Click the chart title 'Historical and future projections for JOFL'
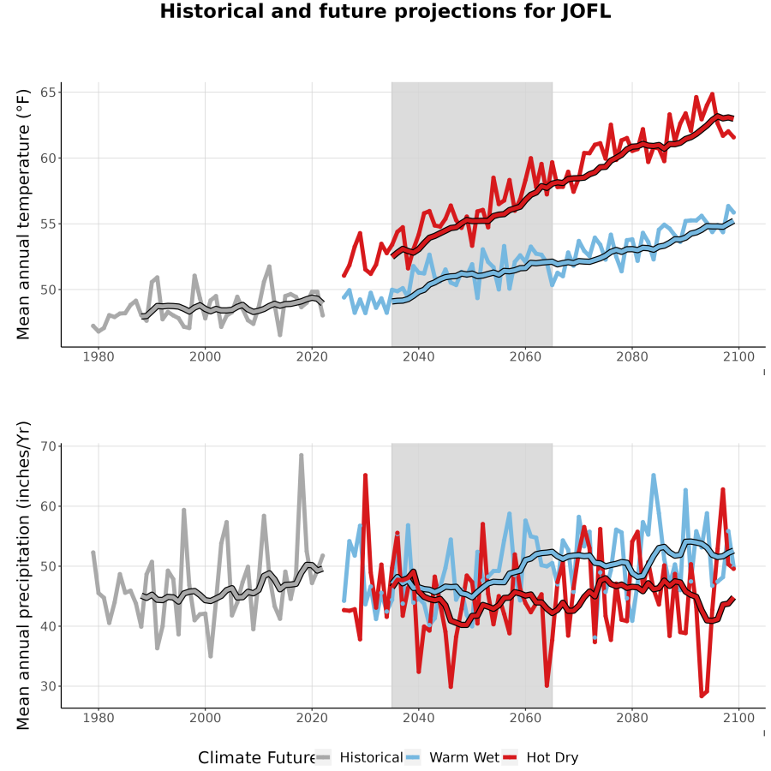385,11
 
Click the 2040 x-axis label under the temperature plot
418,357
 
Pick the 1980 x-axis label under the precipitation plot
99,718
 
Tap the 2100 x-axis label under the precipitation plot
739,718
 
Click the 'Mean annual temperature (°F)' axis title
23,214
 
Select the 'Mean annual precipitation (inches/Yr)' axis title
23,576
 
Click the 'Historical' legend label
371,757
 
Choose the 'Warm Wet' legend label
464,757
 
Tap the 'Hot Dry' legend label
553,757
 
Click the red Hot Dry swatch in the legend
510,757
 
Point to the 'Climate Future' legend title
257,757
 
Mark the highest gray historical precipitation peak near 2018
302,456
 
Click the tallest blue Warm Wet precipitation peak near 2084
654,475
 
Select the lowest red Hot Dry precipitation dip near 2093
702,696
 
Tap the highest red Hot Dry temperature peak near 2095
712,94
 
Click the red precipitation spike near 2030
365,475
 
